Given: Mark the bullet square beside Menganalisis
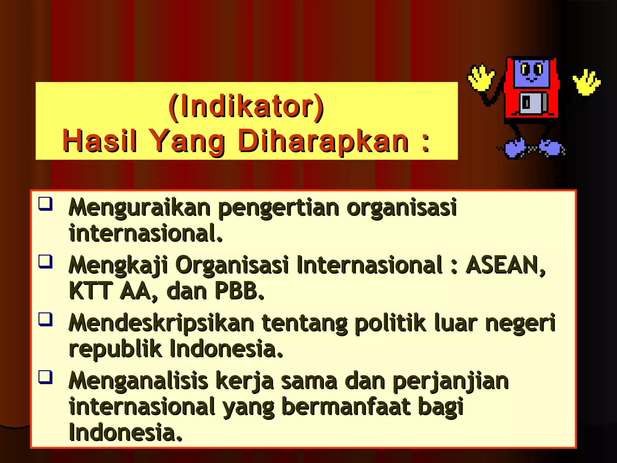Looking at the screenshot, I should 45,377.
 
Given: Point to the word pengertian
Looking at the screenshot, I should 279,208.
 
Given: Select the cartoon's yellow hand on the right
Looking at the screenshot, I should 586,82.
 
